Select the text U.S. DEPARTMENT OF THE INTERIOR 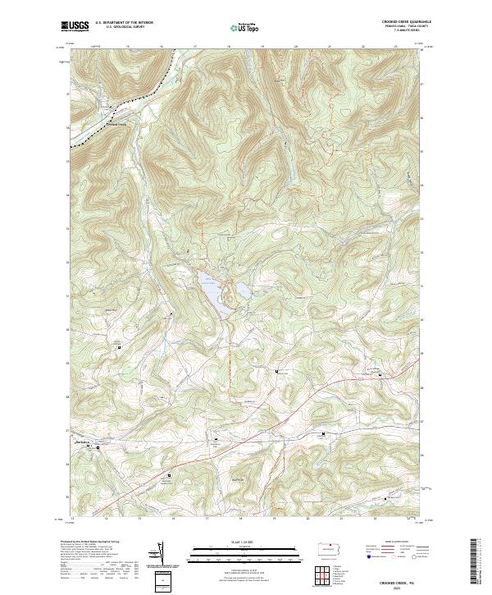[x=125, y=23]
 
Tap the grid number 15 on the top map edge [x=128, y=47]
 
